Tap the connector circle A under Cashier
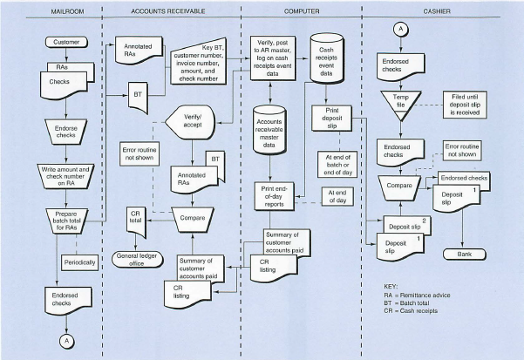click(x=401, y=29)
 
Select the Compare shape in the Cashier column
click(x=400, y=186)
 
